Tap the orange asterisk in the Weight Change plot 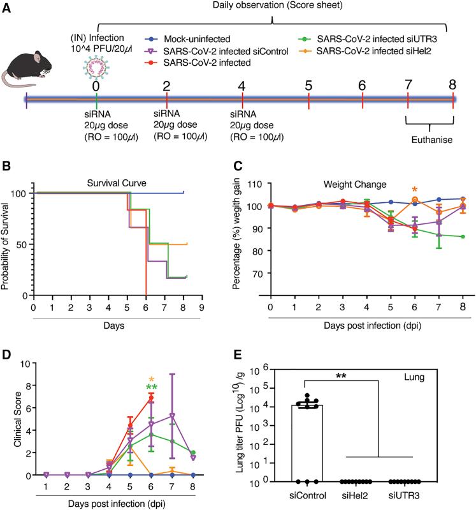tap(415, 190)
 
